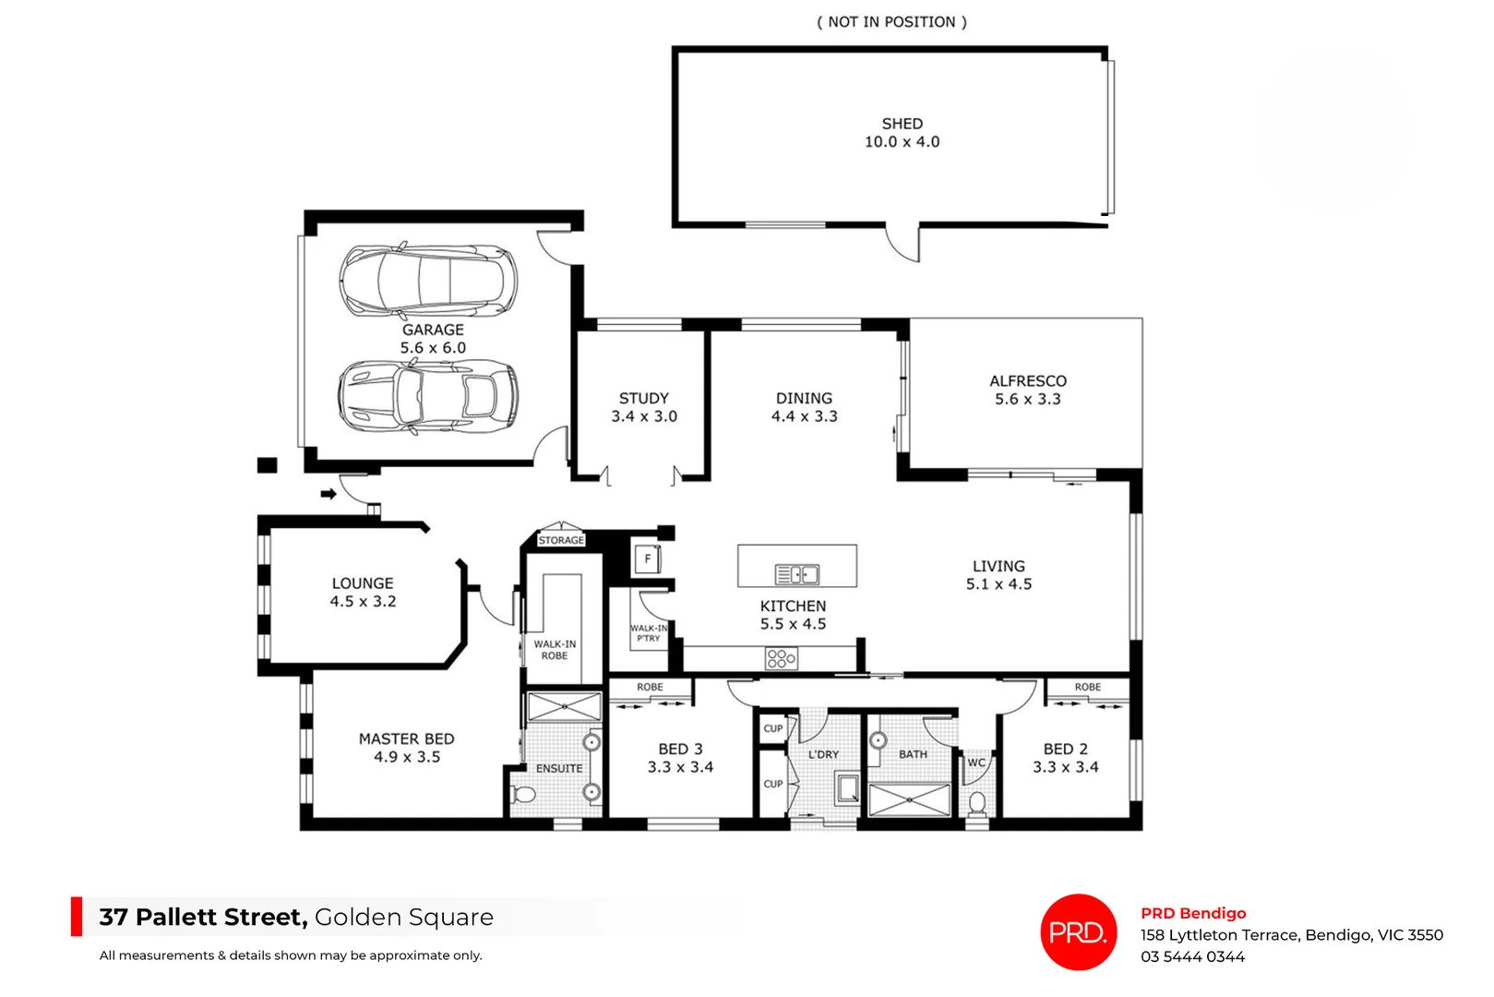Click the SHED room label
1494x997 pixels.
(902, 124)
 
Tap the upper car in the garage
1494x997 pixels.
(427, 281)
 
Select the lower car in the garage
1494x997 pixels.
(427, 396)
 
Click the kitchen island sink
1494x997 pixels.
(796, 575)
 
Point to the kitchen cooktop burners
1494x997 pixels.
(781, 658)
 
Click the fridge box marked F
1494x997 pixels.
(647, 559)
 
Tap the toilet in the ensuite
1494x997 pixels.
(524, 795)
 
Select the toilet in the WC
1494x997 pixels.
(977, 801)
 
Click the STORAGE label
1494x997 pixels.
(561, 540)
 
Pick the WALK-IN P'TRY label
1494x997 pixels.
(649, 632)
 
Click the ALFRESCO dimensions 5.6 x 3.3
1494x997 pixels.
(1027, 400)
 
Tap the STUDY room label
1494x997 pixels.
(643, 398)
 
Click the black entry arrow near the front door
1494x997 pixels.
(329, 494)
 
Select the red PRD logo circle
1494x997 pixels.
(1078, 932)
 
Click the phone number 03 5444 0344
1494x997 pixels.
(1192, 956)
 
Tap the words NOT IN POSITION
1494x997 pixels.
(891, 22)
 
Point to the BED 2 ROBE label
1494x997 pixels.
(1087, 687)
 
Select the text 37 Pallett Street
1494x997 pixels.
(203, 917)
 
